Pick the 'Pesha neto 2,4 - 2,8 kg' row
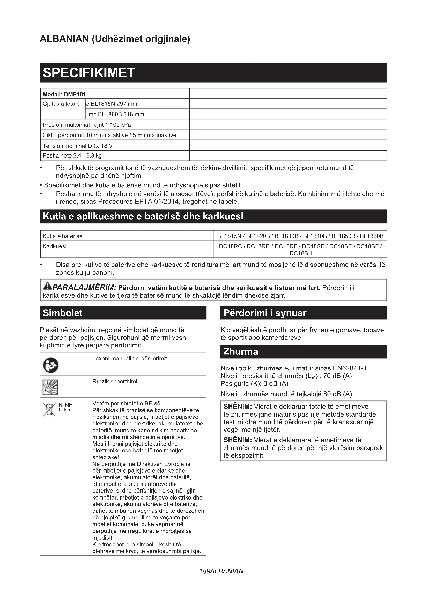[72, 155]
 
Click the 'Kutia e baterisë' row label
[62, 236]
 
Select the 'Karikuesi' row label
[55, 246]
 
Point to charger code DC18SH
[300, 253]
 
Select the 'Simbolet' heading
[62, 313]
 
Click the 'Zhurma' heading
[240, 352]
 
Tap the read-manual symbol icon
[51, 365]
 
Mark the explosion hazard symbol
[50, 387]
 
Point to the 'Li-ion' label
[64, 410]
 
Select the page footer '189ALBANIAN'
[222, 571]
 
